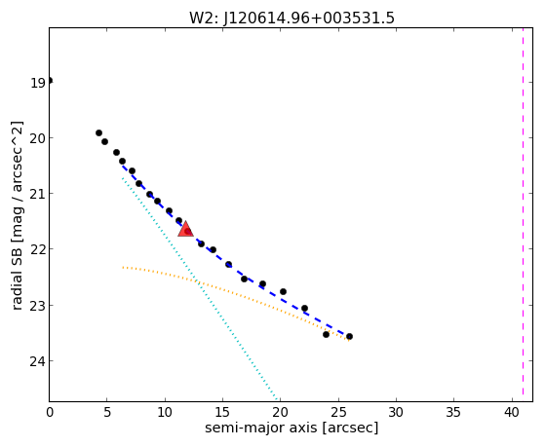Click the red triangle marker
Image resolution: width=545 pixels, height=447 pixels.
pyautogui.click(x=185, y=229)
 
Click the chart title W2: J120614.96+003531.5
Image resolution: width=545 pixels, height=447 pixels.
pyautogui.click(x=292, y=19)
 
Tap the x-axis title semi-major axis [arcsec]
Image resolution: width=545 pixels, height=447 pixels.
pyautogui.click(x=292, y=428)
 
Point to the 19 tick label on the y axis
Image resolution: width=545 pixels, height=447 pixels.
pyautogui.click(x=38, y=83)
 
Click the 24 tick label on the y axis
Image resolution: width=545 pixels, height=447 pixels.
pyautogui.click(x=38, y=361)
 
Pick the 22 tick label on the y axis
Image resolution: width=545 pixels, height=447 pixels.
pyautogui.click(x=38, y=249)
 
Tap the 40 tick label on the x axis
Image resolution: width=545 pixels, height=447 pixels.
pyautogui.click(x=511, y=412)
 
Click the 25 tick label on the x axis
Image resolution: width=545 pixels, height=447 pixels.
pyautogui.click(x=338, y=412)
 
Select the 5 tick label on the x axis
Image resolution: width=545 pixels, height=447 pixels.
pyautogui.click(x=107, y=412)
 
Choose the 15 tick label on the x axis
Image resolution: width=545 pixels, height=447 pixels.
pyautogui.click(x=223, y=412)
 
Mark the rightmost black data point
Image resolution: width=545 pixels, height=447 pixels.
pyautogui.click(x=349, y=336)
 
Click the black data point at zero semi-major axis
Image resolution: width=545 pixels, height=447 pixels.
pyautogui.click(x=50, y=81)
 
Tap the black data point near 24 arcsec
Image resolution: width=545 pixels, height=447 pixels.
pyautogui.click(x=326, y=334)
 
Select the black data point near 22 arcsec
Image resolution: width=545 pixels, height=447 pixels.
pyautogui.click(x=304, y=308)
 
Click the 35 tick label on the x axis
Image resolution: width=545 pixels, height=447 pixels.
pyautogui.click(x=453, y=412)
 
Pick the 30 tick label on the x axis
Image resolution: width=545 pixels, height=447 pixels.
pyautogui.click(x=396, y=412)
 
